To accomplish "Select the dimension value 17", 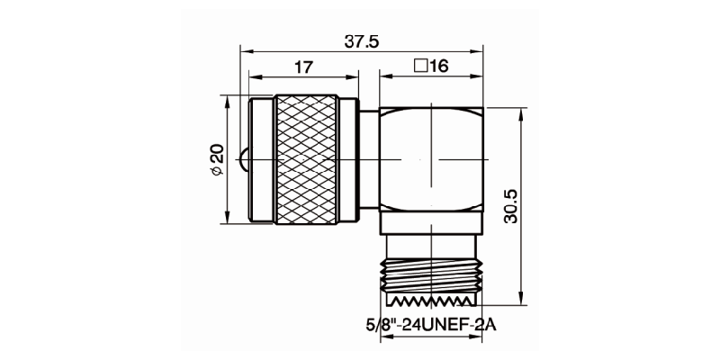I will (x=303, y=67).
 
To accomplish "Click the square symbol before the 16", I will (x=419, y=67).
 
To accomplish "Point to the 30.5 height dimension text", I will (x=511, y=207).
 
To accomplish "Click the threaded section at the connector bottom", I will (x=433, y=281).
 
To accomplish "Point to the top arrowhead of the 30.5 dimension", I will (x=523, y=112).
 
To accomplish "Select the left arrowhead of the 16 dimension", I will (x=383, y=77).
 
